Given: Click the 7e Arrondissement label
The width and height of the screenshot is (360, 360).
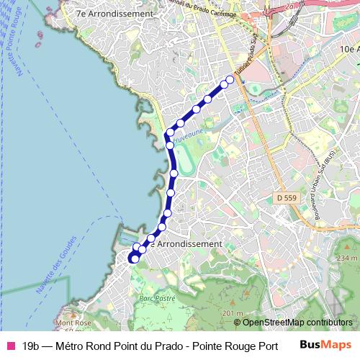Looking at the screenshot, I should pos(115,14).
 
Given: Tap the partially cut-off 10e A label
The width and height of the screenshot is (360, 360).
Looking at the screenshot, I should pos(348,49).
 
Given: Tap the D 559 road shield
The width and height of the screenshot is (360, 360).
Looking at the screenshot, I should pos(285,197).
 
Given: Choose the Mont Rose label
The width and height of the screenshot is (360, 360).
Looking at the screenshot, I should pos(73,323).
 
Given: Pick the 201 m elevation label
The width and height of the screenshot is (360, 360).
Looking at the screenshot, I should pos(233,313).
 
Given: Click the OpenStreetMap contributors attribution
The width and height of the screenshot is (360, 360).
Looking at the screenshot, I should pos(292,322).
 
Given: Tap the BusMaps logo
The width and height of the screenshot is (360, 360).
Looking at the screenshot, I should pos(325,345).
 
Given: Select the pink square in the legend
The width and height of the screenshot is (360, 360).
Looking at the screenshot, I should pos(10,346).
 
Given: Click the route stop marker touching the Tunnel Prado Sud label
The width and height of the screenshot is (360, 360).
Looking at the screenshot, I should pos(230,79).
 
